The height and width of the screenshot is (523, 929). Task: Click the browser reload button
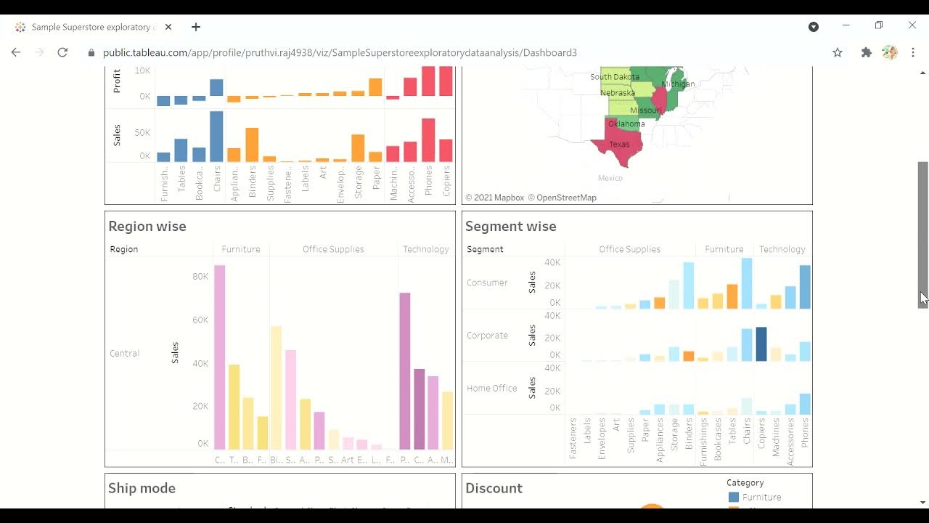click(62, 52)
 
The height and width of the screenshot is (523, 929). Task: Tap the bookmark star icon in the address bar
click(838, 52)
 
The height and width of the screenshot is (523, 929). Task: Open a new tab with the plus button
click(196, 27)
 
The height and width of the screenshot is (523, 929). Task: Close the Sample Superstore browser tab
click(168, 27)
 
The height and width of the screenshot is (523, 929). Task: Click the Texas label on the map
click(619, 145)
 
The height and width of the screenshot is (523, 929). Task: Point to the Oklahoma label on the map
click(626, 123)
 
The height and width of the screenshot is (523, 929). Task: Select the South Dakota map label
click(614, 76)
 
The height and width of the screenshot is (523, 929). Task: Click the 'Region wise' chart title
click(147, 227)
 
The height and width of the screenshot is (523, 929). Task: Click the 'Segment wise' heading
click(510, 227)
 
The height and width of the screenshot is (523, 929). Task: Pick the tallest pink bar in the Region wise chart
click(219, 356)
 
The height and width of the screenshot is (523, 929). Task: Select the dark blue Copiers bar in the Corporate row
click(761, 344)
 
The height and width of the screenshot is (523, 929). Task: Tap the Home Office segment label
click(491, 389)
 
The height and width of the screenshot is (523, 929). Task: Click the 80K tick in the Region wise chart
click(200, 277)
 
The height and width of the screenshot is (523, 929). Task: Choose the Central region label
click(124, 354)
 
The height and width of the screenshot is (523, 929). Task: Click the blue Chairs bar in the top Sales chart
click(216, 137)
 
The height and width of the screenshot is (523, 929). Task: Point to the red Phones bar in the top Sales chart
click(428, 140)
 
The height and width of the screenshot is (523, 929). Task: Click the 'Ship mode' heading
click(142, 488)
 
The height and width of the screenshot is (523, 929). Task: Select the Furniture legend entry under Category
click(761, 498)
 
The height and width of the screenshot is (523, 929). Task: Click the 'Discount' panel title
click(494, 488)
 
